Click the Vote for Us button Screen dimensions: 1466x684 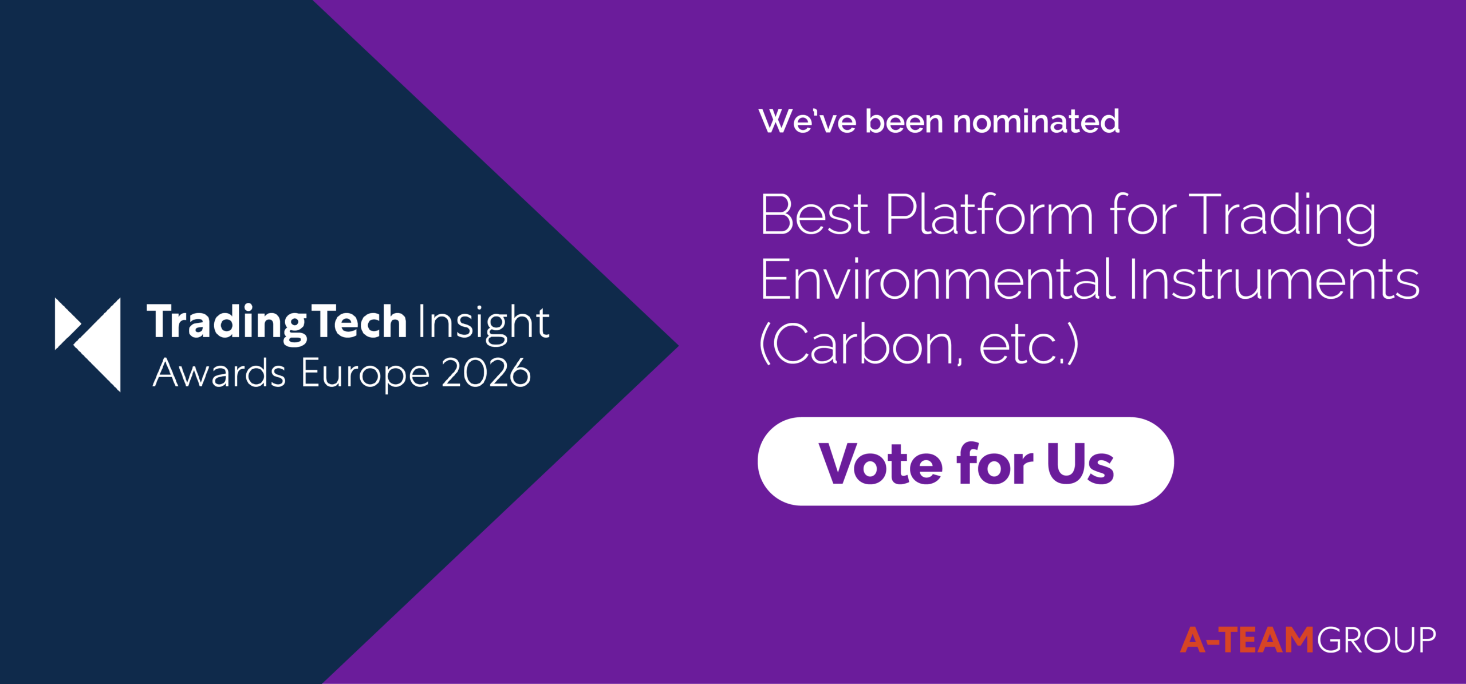965,461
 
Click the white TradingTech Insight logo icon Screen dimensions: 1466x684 88,345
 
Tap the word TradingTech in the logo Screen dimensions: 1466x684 277,323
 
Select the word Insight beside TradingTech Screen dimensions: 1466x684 484,323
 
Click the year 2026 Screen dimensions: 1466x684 486,373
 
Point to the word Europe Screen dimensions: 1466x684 365,375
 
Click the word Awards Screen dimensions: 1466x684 219,373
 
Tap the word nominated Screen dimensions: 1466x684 1037,121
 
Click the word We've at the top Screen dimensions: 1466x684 807,121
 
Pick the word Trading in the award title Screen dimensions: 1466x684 1282,218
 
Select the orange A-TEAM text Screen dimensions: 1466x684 1247,639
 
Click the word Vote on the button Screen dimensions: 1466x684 881,463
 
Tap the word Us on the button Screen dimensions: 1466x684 1081,463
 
